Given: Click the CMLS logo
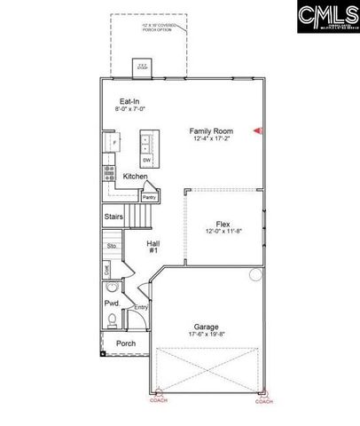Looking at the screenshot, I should (x=325, y=16).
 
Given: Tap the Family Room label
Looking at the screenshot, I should (x=210, y=130).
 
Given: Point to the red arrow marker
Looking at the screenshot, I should (x=258, y=130).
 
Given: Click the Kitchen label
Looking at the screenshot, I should (x=135, y=177).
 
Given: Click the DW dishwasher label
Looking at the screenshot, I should (x=146, y=160).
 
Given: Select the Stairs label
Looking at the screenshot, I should (x=113, y=216).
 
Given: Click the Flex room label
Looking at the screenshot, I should (x=223, y=225).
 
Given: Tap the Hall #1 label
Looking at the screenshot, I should (x=153, y=246).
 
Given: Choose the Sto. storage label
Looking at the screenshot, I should (x=112, y=245).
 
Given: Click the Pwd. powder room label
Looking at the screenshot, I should (x=112, y=303).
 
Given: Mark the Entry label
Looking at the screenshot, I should (x=140, y=308).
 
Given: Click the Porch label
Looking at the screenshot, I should (x=126, y=343).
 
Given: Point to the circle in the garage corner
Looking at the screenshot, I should (x=255, y=274).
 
